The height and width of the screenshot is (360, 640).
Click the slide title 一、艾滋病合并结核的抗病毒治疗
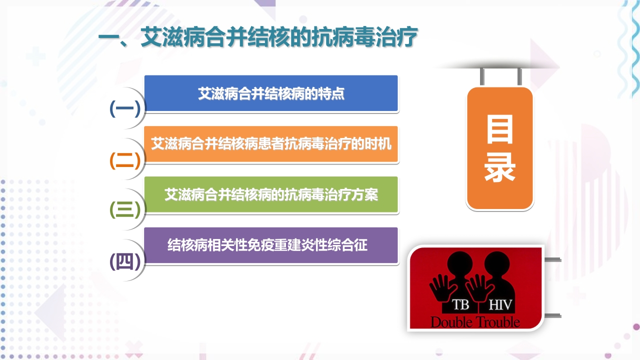pyautogui.click(x=257, y=38)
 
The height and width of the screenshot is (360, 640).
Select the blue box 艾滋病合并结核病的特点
pyautogui.click(x=271, y=93)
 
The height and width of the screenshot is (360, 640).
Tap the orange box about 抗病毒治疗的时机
pyautogui.click(x=271, y=144)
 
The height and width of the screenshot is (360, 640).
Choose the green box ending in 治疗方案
pyautogui.click(x=271, y=194)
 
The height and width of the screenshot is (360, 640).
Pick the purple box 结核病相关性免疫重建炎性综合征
pyautogui.click(x=271, y=245)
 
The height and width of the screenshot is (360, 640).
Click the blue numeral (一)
pyautogui.click(x=125, y=108)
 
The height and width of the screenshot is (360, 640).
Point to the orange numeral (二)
pyautogui.click(x=125, y=159)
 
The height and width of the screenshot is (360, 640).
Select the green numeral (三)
pyautogui.click(x=125, y=210)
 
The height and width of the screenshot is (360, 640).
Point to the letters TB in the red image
pyautogui.click(x=460, y=305)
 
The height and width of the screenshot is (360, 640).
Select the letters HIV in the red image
pyautogui.click(x=500, y=305)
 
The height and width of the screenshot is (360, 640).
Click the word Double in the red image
pyautogui.click(x=451, y=321)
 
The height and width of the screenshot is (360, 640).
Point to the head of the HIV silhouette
pyautogui.click(x=495, y=262)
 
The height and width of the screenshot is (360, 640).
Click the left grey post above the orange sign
pyautogui.click(x=482, y=76)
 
